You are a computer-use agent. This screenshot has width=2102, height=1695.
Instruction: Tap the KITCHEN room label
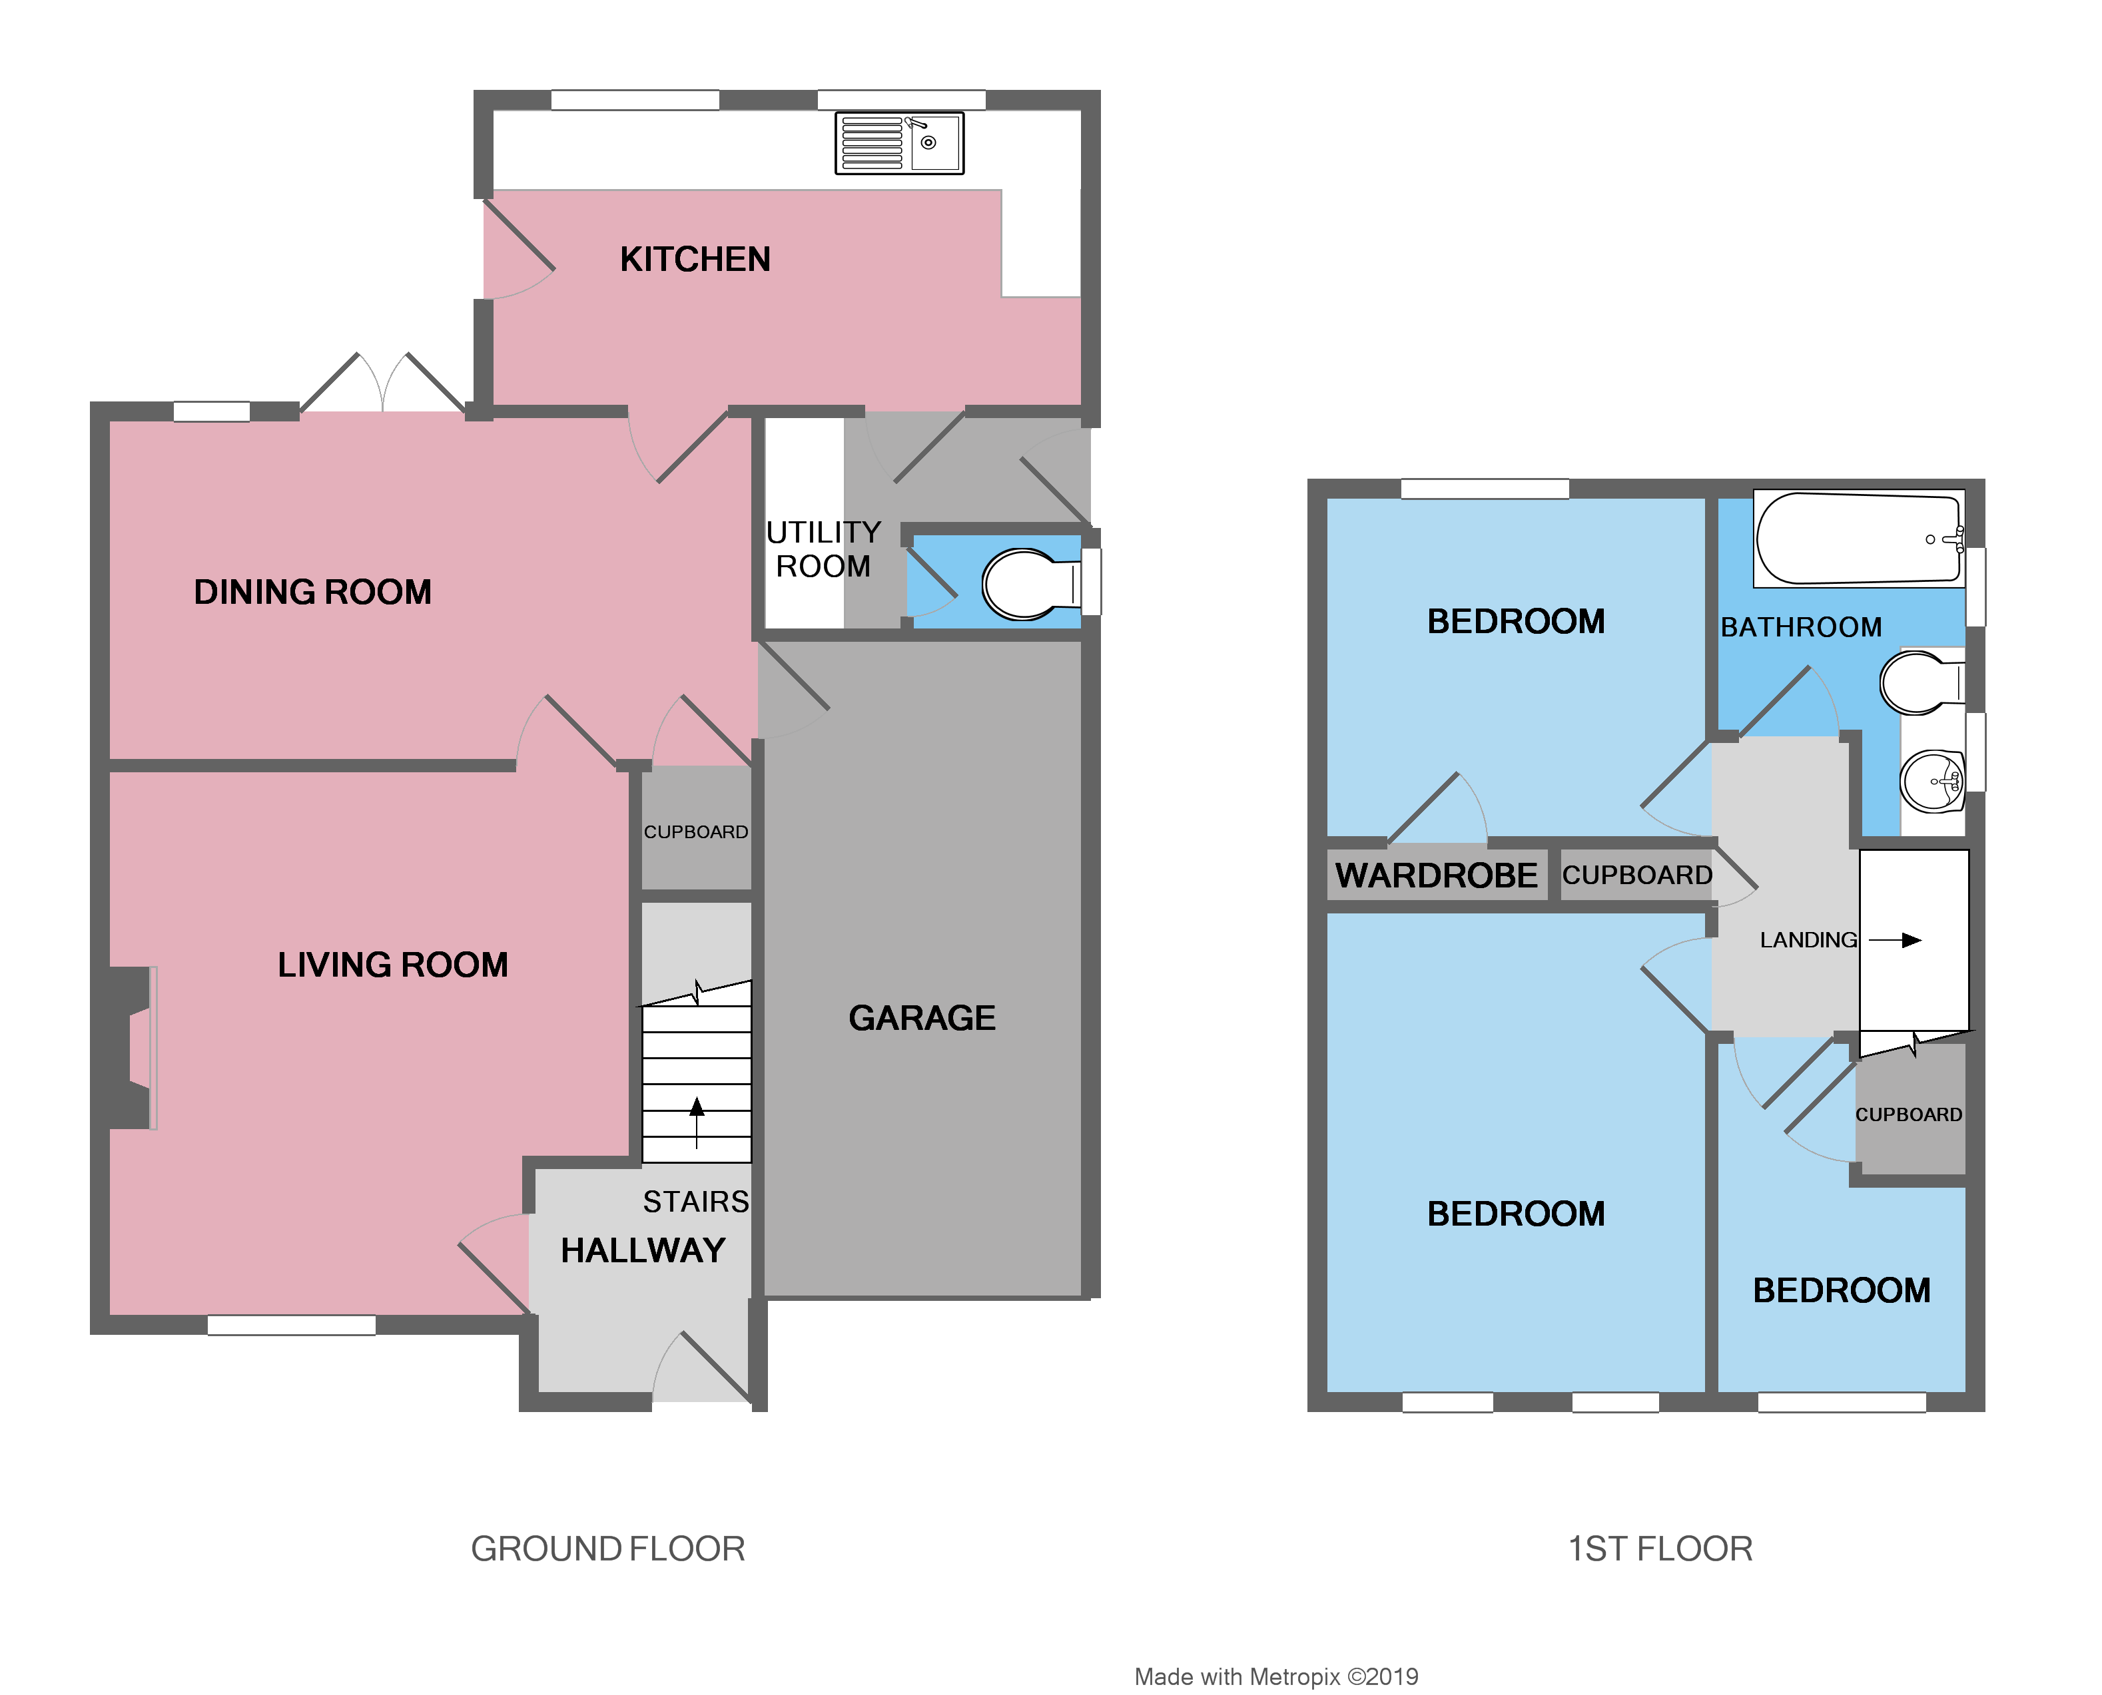pos(695,260)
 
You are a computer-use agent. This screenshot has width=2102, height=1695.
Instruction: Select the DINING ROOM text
pos(312,592)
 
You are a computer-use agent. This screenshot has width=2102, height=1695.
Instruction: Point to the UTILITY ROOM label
pos(823,549)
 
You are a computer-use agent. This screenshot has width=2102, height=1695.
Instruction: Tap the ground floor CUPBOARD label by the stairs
pos(695,832)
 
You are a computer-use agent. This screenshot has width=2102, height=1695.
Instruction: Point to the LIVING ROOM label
pos(393,965)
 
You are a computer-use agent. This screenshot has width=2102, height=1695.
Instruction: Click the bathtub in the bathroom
pos(1858,539)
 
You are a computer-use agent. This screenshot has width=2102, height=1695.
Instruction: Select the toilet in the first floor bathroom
pos(1920,682)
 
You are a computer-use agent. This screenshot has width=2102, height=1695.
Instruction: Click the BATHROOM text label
pos(1801,627)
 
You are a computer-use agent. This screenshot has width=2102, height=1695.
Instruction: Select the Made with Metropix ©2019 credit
pos(1275,1676)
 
